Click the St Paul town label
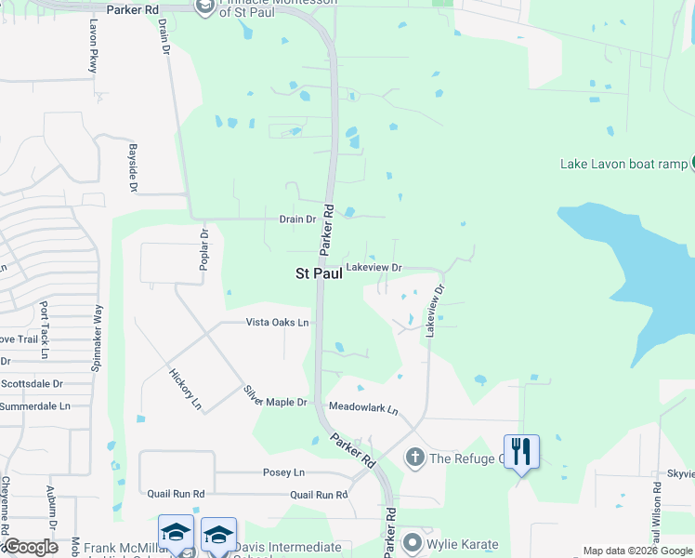(x=313, y=273)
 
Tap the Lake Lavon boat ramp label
(x=623, y=165)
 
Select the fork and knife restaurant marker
(x=520, y=452)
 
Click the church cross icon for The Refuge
(x=414, y=457)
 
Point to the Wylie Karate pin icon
(x=413, y=543)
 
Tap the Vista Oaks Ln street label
(x=277, y=323)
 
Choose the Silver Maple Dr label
(x=275, y=396)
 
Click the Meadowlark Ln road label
(x=363, y=409)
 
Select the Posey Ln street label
(x=284, y=472)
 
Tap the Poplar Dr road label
(x=203, y=248)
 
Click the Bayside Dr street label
(x=134, y=168)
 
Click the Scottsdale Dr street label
(x=32, y=383)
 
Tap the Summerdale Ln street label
(x=34, y=406)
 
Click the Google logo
(x=30, y=547)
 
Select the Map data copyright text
(x=637, y=551)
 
